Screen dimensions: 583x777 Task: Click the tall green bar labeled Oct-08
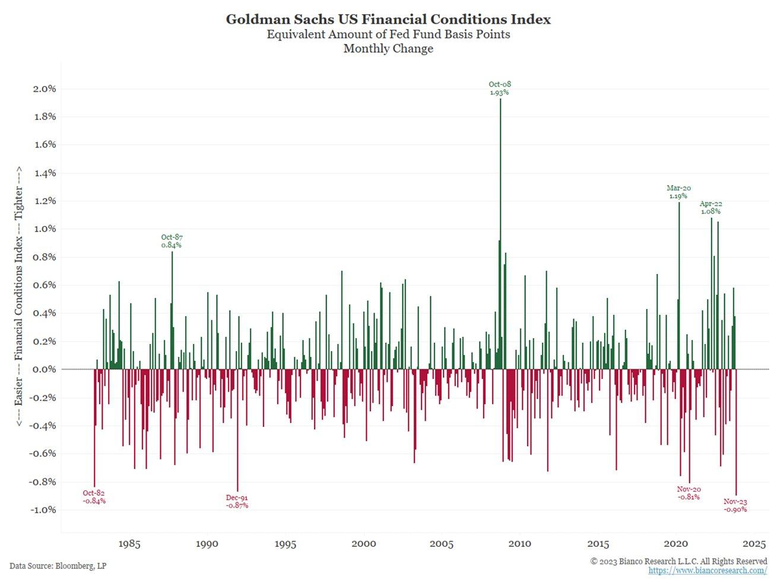coord(500,237)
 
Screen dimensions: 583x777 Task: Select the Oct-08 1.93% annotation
coord(499,88)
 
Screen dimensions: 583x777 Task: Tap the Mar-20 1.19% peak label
coord(678,192)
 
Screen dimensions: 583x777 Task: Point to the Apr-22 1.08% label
coord(711,208)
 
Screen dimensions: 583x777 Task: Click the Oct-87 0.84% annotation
coord(172,241)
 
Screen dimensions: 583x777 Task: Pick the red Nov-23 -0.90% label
coord(735,505)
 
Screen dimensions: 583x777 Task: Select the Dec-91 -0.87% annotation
coord(237,502)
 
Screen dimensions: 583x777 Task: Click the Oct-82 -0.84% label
coord(94,497)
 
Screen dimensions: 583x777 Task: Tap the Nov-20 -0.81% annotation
coord(689,493)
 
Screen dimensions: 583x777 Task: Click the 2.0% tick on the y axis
coord(43,89)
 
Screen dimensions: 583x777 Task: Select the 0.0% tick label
coord(43,369)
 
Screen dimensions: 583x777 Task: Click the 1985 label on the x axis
coord(129,544)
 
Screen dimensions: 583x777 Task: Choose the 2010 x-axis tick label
coord(520,544)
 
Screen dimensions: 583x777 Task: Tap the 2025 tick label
coord(754,544)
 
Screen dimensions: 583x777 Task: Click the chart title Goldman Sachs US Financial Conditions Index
coord(388,20)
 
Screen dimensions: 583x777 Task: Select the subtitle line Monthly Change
coord(388,49)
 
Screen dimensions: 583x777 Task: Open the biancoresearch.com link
coord(708,571)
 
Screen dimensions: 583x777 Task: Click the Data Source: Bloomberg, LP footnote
coord(58,566)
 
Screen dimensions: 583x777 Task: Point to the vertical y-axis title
coord(19,295)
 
